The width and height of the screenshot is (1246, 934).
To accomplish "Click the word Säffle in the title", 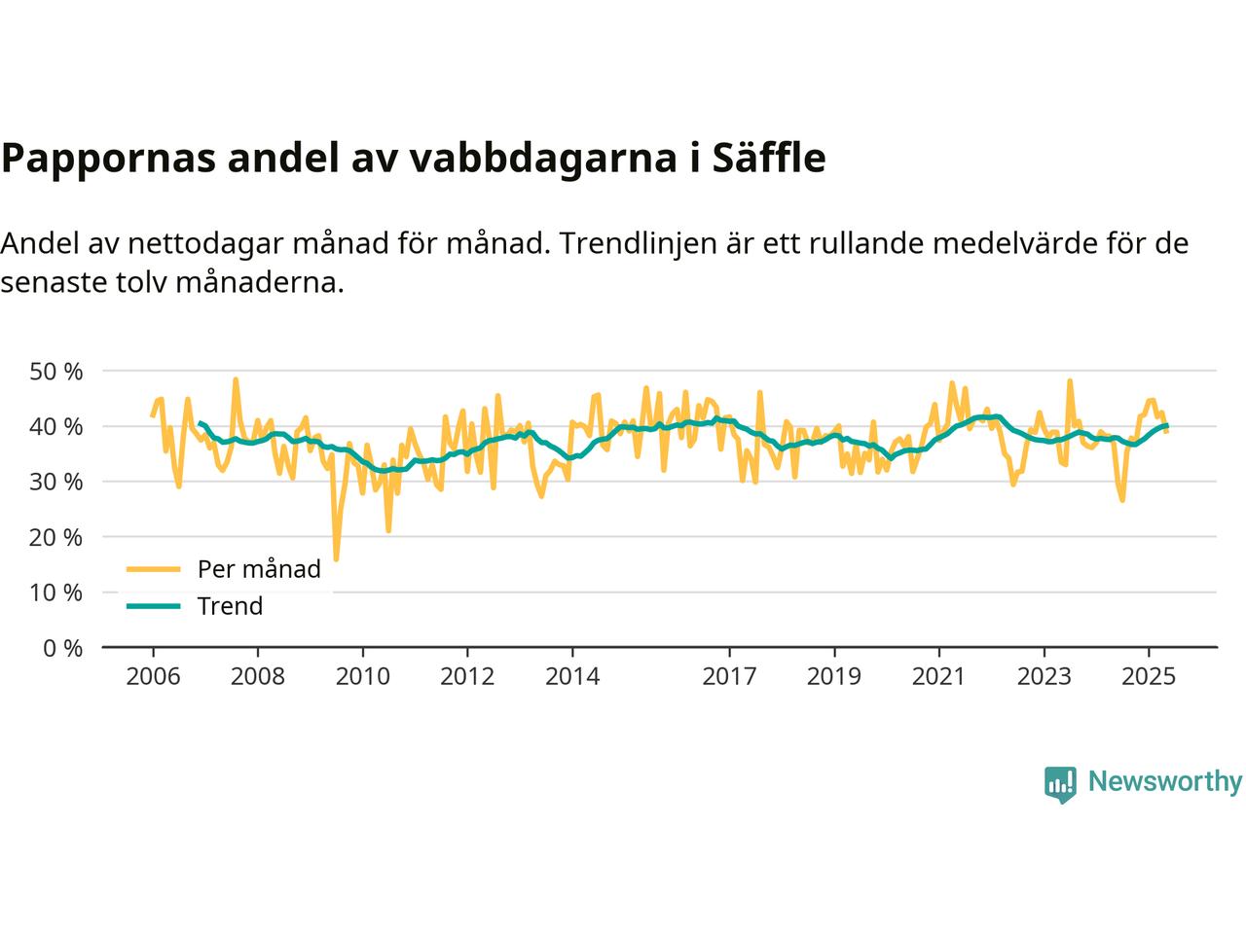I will [x=769, y=159].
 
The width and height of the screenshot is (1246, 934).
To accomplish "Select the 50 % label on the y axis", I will [x=56, y=371].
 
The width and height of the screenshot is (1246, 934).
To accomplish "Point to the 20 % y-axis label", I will [x=56, y=537].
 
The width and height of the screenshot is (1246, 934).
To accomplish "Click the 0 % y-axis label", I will [x=62, y=648].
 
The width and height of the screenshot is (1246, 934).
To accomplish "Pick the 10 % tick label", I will [x=56, y=593].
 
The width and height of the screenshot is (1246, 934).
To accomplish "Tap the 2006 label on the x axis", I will [x=153, y=676].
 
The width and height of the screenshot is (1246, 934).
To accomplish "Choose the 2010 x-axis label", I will [x=362, y=676].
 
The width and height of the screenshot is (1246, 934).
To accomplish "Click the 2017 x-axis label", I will [x=729, y=676].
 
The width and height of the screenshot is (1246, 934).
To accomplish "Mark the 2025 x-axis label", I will [x=1149, y=676].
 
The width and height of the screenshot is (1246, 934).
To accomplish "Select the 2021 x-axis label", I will [x=938, y=676].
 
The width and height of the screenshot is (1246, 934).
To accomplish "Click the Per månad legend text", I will [x=259, y=569].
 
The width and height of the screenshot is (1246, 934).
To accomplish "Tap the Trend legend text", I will [x=230, y=606].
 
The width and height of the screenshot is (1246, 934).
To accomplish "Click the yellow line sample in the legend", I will [x=154, y=569].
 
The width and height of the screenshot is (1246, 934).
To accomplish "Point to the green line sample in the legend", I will [x=154, y=606].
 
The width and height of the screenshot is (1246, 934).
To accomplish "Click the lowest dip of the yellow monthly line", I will [x=336, y=559].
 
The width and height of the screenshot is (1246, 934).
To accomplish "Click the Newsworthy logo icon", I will [x=1060, y=783].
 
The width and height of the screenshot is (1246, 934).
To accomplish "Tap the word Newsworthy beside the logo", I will [x=1164, y=782].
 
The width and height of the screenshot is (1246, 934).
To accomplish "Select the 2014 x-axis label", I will [x=572, y=676].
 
